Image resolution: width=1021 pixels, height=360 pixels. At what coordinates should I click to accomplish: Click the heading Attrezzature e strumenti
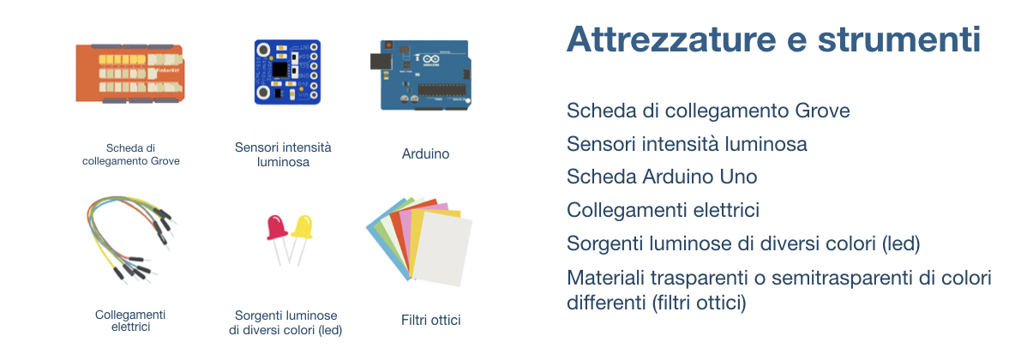coord(773,40)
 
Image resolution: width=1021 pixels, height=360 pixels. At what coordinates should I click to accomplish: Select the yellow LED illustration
coord(302,238)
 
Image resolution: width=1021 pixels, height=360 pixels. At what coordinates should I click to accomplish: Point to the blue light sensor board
coord(286,72)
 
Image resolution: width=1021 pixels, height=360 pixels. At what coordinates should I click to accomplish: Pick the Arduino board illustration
coord(423,75)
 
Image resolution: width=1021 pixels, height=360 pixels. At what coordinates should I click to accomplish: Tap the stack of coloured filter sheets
coord(419,241)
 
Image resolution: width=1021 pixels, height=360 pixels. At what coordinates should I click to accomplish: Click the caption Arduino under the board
coord(425,154)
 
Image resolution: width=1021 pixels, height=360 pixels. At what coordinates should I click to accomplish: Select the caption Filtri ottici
coord(431,321)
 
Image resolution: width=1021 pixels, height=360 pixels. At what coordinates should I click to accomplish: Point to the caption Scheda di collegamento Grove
coord(131,154)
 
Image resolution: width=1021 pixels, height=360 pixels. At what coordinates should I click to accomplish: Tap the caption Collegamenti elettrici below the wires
coord(131,321)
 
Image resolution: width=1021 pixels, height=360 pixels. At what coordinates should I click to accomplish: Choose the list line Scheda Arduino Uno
coord(662,177)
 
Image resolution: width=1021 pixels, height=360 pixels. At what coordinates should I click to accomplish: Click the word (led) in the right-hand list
coord(900,244)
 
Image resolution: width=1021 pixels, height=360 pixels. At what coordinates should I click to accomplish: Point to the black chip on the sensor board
coord(280,68)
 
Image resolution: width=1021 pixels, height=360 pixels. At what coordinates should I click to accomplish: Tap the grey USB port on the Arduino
coord(378,61)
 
